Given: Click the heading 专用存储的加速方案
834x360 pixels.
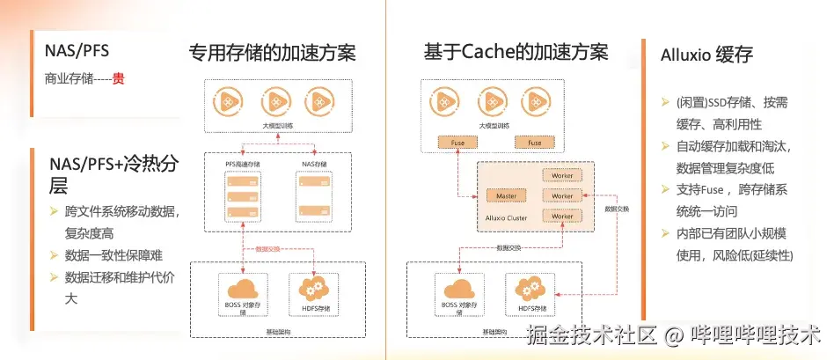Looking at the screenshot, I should (x=272, y=52).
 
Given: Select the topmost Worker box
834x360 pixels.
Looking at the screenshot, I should (x=561, y=176).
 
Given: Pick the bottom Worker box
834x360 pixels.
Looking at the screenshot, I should (x=561, y=216).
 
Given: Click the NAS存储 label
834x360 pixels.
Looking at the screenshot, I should (x=312, y=163).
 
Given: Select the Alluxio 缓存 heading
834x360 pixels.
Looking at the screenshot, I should (x=706, y=55).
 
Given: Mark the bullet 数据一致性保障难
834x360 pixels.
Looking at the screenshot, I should (x=114, y=256).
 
